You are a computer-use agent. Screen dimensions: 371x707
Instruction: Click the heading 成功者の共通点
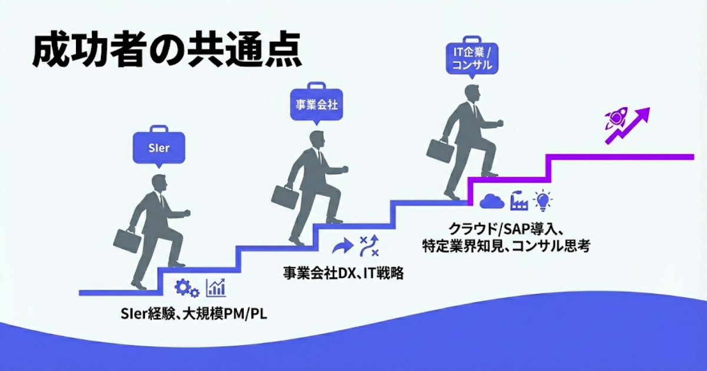point(167,52)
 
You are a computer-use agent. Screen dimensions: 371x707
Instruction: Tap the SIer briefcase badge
point(158,147)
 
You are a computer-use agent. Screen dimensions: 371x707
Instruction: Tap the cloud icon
point(491,201)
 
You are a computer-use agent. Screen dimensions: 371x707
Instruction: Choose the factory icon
point(517,200)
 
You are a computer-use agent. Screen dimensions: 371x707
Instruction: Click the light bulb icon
point(541,200)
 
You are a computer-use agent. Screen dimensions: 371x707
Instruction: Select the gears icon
point(187,287)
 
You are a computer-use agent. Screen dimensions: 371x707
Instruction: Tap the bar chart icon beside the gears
point(216,287)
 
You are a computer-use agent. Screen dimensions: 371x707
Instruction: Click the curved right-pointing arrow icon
point(341,246)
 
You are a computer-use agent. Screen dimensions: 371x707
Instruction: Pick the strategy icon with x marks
point(369,246)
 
